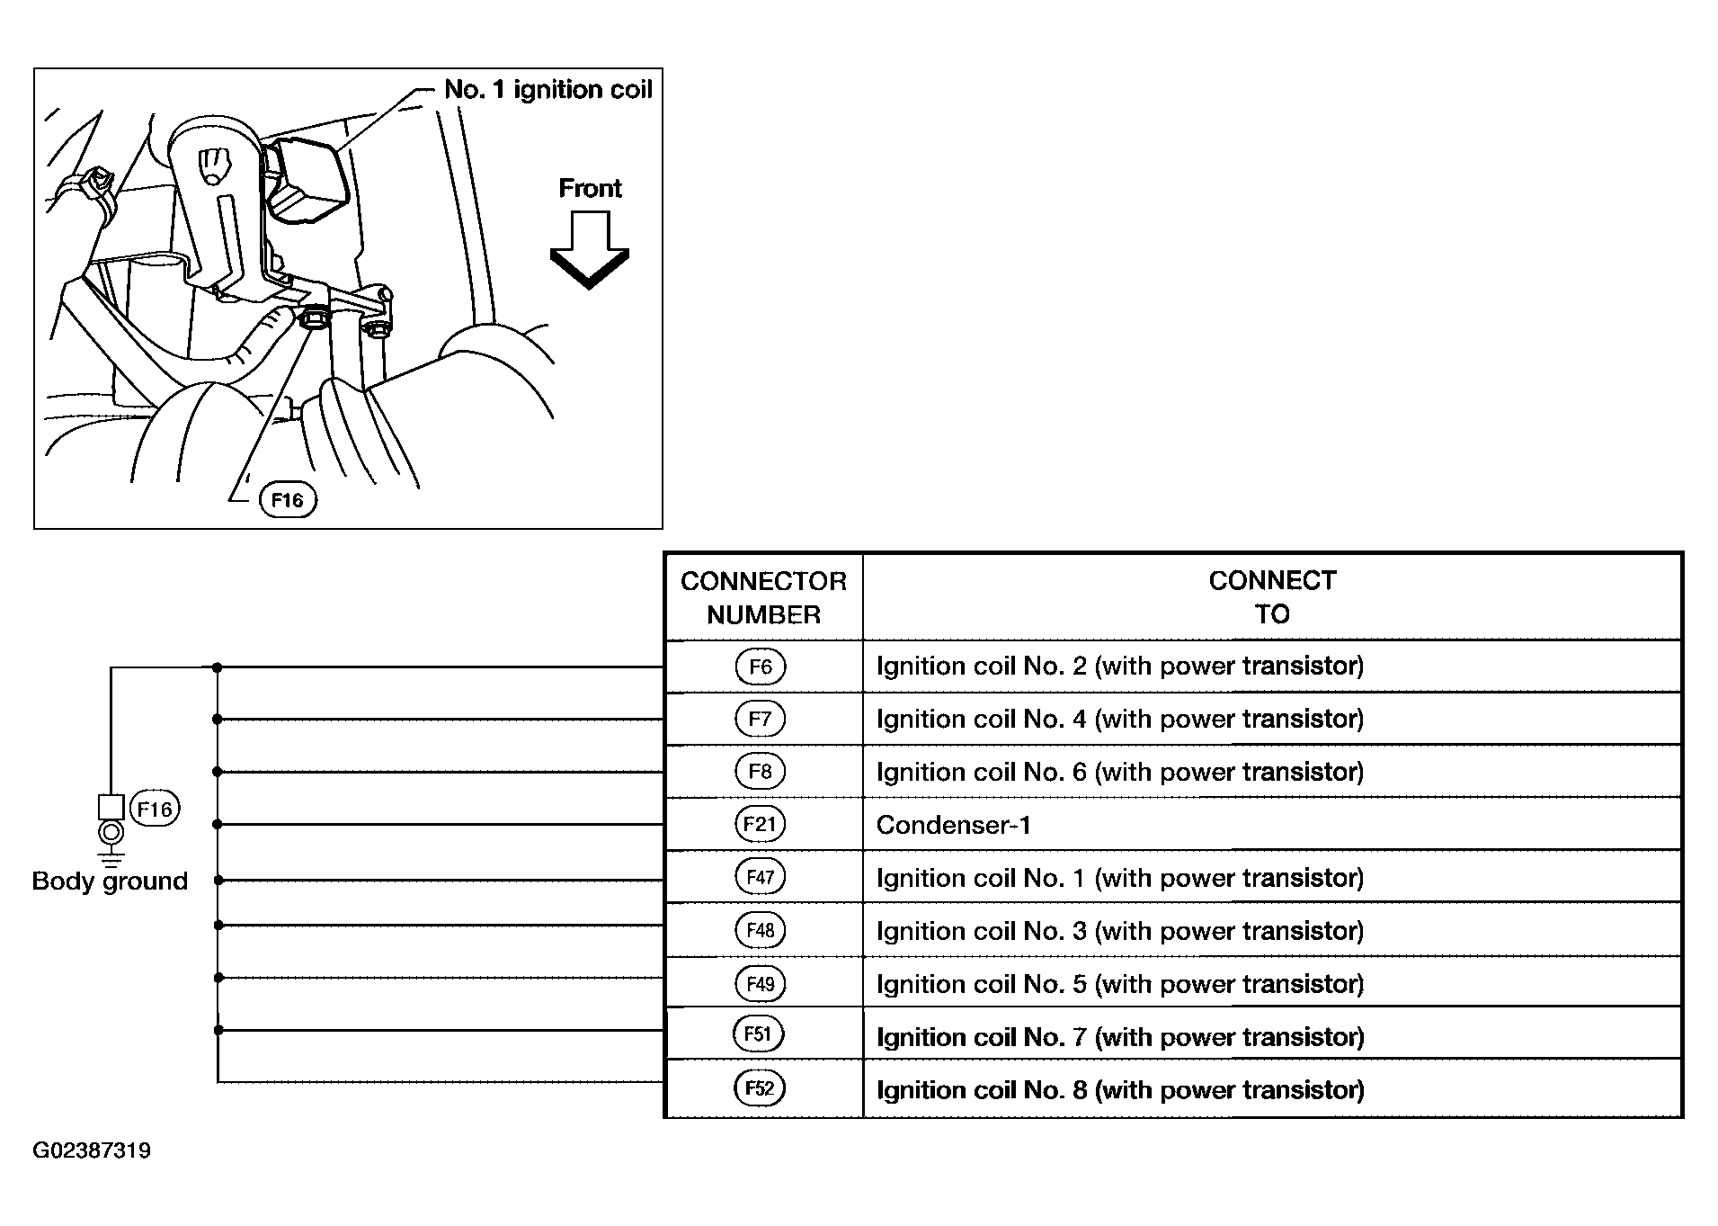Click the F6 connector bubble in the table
761,667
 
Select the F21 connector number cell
764,824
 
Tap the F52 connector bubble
760,1088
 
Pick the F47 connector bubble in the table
761,877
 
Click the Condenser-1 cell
954,825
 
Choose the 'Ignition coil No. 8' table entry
1120,1090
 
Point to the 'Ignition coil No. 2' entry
1120,667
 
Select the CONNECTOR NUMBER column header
764,597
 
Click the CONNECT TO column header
1272,597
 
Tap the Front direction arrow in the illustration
590,250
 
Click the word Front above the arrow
590,188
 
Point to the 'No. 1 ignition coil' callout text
548,89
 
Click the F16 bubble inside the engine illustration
288,500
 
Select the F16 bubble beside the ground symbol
155,809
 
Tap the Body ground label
110,881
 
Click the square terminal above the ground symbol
111,807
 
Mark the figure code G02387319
92,1150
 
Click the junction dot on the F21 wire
218,824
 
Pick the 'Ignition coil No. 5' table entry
1120,984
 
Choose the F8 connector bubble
761,772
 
